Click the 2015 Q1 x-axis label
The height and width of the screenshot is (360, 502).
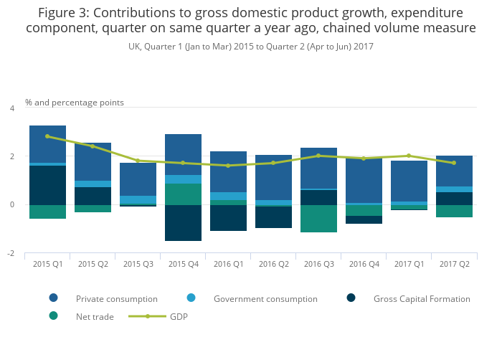click(47, 264)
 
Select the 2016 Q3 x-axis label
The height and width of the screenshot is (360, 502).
click(318, 264)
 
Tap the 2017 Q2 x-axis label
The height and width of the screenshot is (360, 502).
click(454, 264)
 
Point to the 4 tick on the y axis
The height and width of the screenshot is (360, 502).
click(11, 108)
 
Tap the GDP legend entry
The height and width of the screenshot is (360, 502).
click(178, 316)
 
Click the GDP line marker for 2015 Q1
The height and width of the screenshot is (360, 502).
click(47, 136)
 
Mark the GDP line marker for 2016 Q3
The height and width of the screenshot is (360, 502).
click(318, 156)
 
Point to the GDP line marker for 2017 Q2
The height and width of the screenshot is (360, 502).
click(454, 163)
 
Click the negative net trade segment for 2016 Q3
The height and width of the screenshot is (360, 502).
click(318, 219)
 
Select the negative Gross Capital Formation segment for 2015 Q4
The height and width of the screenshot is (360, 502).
click(183, 223)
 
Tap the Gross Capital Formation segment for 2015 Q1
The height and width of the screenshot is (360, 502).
click(47, 185)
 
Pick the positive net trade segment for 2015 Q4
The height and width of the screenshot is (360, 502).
click(183, 194)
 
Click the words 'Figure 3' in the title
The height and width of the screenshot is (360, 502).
click(62, 13)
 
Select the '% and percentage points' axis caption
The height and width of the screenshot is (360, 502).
click(75, 103)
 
